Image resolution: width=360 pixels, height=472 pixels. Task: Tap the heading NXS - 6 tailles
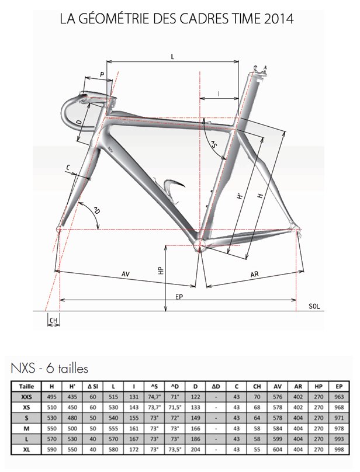point(49,369)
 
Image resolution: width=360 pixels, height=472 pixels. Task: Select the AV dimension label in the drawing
point(125,273)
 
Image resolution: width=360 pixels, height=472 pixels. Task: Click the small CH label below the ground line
point(54,320)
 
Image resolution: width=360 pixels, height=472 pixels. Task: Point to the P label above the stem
point(102,74)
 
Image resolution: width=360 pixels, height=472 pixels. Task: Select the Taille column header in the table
point(26,387)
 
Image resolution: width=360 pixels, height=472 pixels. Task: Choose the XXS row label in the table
point(26,397)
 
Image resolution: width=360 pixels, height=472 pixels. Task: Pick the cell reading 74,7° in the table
point(155,397)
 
